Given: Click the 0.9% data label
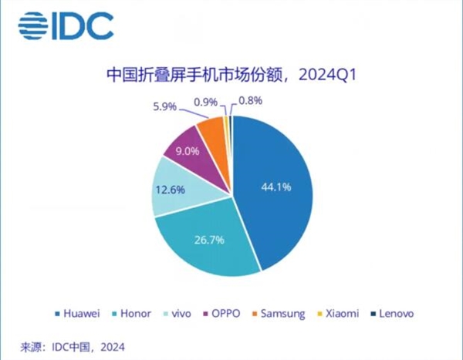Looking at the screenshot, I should click(x=204, y=100).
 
